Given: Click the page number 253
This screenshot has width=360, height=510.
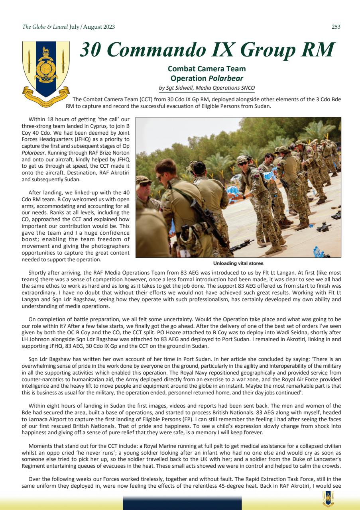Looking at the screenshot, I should click(336, 27).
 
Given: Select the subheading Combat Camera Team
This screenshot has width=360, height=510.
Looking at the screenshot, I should click(207, 69).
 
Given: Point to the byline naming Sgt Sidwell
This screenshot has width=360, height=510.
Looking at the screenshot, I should click(207, 88).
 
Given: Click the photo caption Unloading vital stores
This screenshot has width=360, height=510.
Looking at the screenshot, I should click(238, 263).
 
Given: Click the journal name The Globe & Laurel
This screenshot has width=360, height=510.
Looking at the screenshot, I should click(45, 27).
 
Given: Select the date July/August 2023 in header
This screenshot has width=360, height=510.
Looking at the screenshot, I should click(92, 27).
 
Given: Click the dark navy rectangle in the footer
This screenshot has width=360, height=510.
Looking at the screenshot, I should click(182, 503).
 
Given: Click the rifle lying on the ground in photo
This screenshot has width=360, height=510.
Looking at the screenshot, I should click(241, 243).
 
